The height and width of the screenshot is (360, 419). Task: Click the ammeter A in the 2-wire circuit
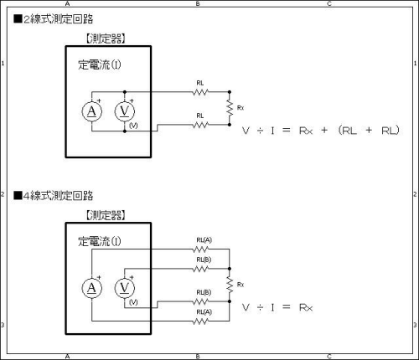92,111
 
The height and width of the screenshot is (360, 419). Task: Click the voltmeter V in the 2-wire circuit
125,111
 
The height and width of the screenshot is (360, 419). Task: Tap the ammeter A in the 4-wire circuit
92,288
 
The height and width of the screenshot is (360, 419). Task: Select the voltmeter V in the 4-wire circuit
125,288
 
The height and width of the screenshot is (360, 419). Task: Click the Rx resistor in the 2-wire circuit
230,108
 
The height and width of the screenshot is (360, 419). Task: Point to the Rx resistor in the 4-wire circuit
230,285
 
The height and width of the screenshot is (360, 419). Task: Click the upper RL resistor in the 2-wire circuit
200,92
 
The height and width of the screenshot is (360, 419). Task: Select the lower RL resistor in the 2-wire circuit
200,125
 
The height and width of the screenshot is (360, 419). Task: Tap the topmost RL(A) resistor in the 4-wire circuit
200,249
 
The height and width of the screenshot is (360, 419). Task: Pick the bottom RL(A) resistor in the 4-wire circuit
200,321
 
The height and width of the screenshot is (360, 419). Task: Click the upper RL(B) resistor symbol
200,269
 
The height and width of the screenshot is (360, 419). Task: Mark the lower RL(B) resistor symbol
200,301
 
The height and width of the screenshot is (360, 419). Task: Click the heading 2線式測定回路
54,19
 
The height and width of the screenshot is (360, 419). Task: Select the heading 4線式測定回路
54,195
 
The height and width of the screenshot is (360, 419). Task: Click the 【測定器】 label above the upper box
105,39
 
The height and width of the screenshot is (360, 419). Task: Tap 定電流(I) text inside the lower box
100,241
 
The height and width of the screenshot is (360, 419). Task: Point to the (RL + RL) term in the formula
369,130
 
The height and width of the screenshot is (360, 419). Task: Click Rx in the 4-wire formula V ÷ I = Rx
306,307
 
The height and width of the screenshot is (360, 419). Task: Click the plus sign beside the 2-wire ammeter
99,100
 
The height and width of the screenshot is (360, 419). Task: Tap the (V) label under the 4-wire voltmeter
133,302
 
